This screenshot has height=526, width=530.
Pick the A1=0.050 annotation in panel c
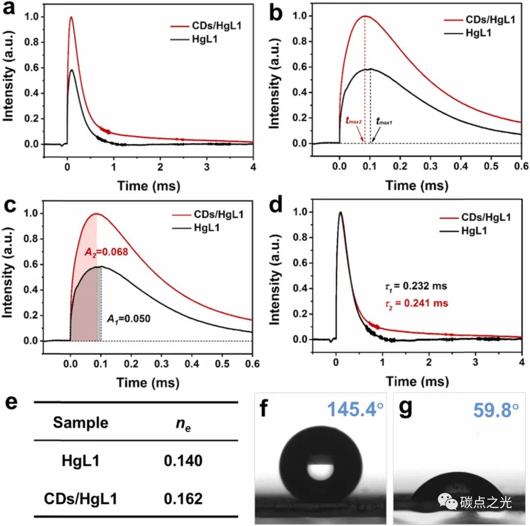129,318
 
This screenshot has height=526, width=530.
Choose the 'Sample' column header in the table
80,422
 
